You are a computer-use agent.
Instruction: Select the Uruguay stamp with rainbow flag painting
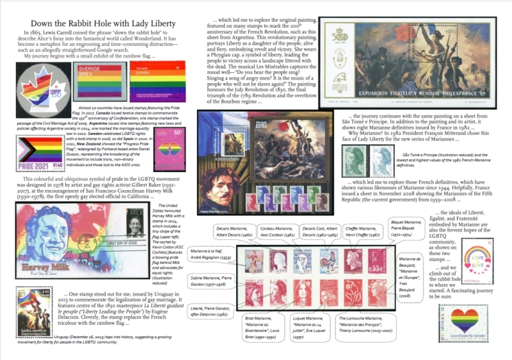pyautogui.click(x=35, y=312)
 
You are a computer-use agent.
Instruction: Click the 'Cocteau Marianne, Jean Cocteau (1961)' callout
pyautogui.click(x=276, y=231)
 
